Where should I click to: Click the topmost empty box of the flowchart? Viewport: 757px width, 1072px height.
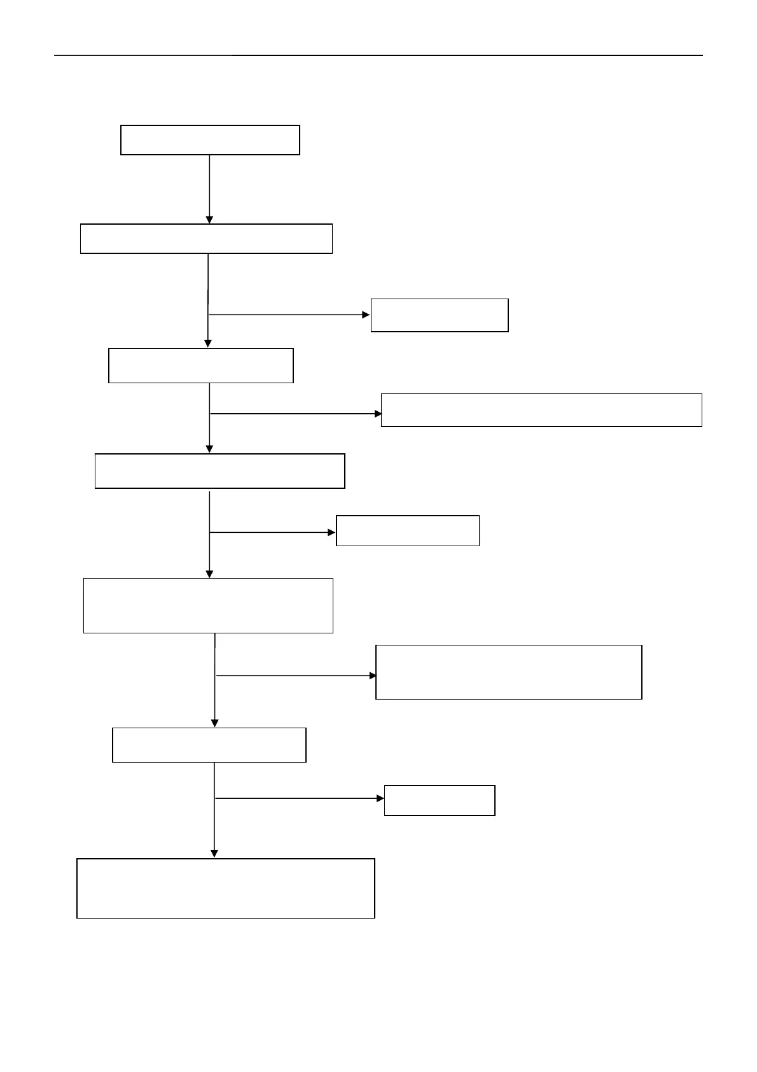pyautogui.click(x=210, y=140)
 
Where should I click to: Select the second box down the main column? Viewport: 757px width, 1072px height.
pyautogui.click(x=206, y=239)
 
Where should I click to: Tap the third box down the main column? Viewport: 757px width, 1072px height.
pyautogui.click(x=201, y=365)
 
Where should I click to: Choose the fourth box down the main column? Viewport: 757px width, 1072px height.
pyautogui.click(x=219, y=471)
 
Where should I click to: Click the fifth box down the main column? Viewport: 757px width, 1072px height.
pyautogui.click(x=208, y=605)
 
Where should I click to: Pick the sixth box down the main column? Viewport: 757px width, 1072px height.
pyautogui.click(x=209, y=745)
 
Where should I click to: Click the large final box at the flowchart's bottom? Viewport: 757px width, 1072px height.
pyautogui.click(x=225, y=888)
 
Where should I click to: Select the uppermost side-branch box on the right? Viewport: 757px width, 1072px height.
pyautogui.click(x=440, y=315)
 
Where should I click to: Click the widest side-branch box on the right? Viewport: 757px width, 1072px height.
pyautogui.click(x=541, y=410)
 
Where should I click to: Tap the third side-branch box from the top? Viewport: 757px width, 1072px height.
pyautogui.click(x=407, y=531)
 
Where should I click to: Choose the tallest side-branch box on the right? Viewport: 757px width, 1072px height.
pyautogui.click(x=508, y=672)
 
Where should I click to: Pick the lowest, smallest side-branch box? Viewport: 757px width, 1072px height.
pyautogui.click(x=440, y=800)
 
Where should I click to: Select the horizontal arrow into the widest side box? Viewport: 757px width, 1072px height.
pyautogui.click(x=293, y=414)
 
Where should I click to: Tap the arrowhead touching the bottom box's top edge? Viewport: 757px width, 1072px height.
pyautogui.click(x=214, y=854)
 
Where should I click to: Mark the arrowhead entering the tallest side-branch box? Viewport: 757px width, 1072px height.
pyautogui.click(x=373, y=675)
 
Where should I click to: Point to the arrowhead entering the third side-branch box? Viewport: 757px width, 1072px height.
pyautogui.click(x=332, y=532)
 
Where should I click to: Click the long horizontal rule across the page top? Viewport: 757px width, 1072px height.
pyautogui.click(x=378, y=55)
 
